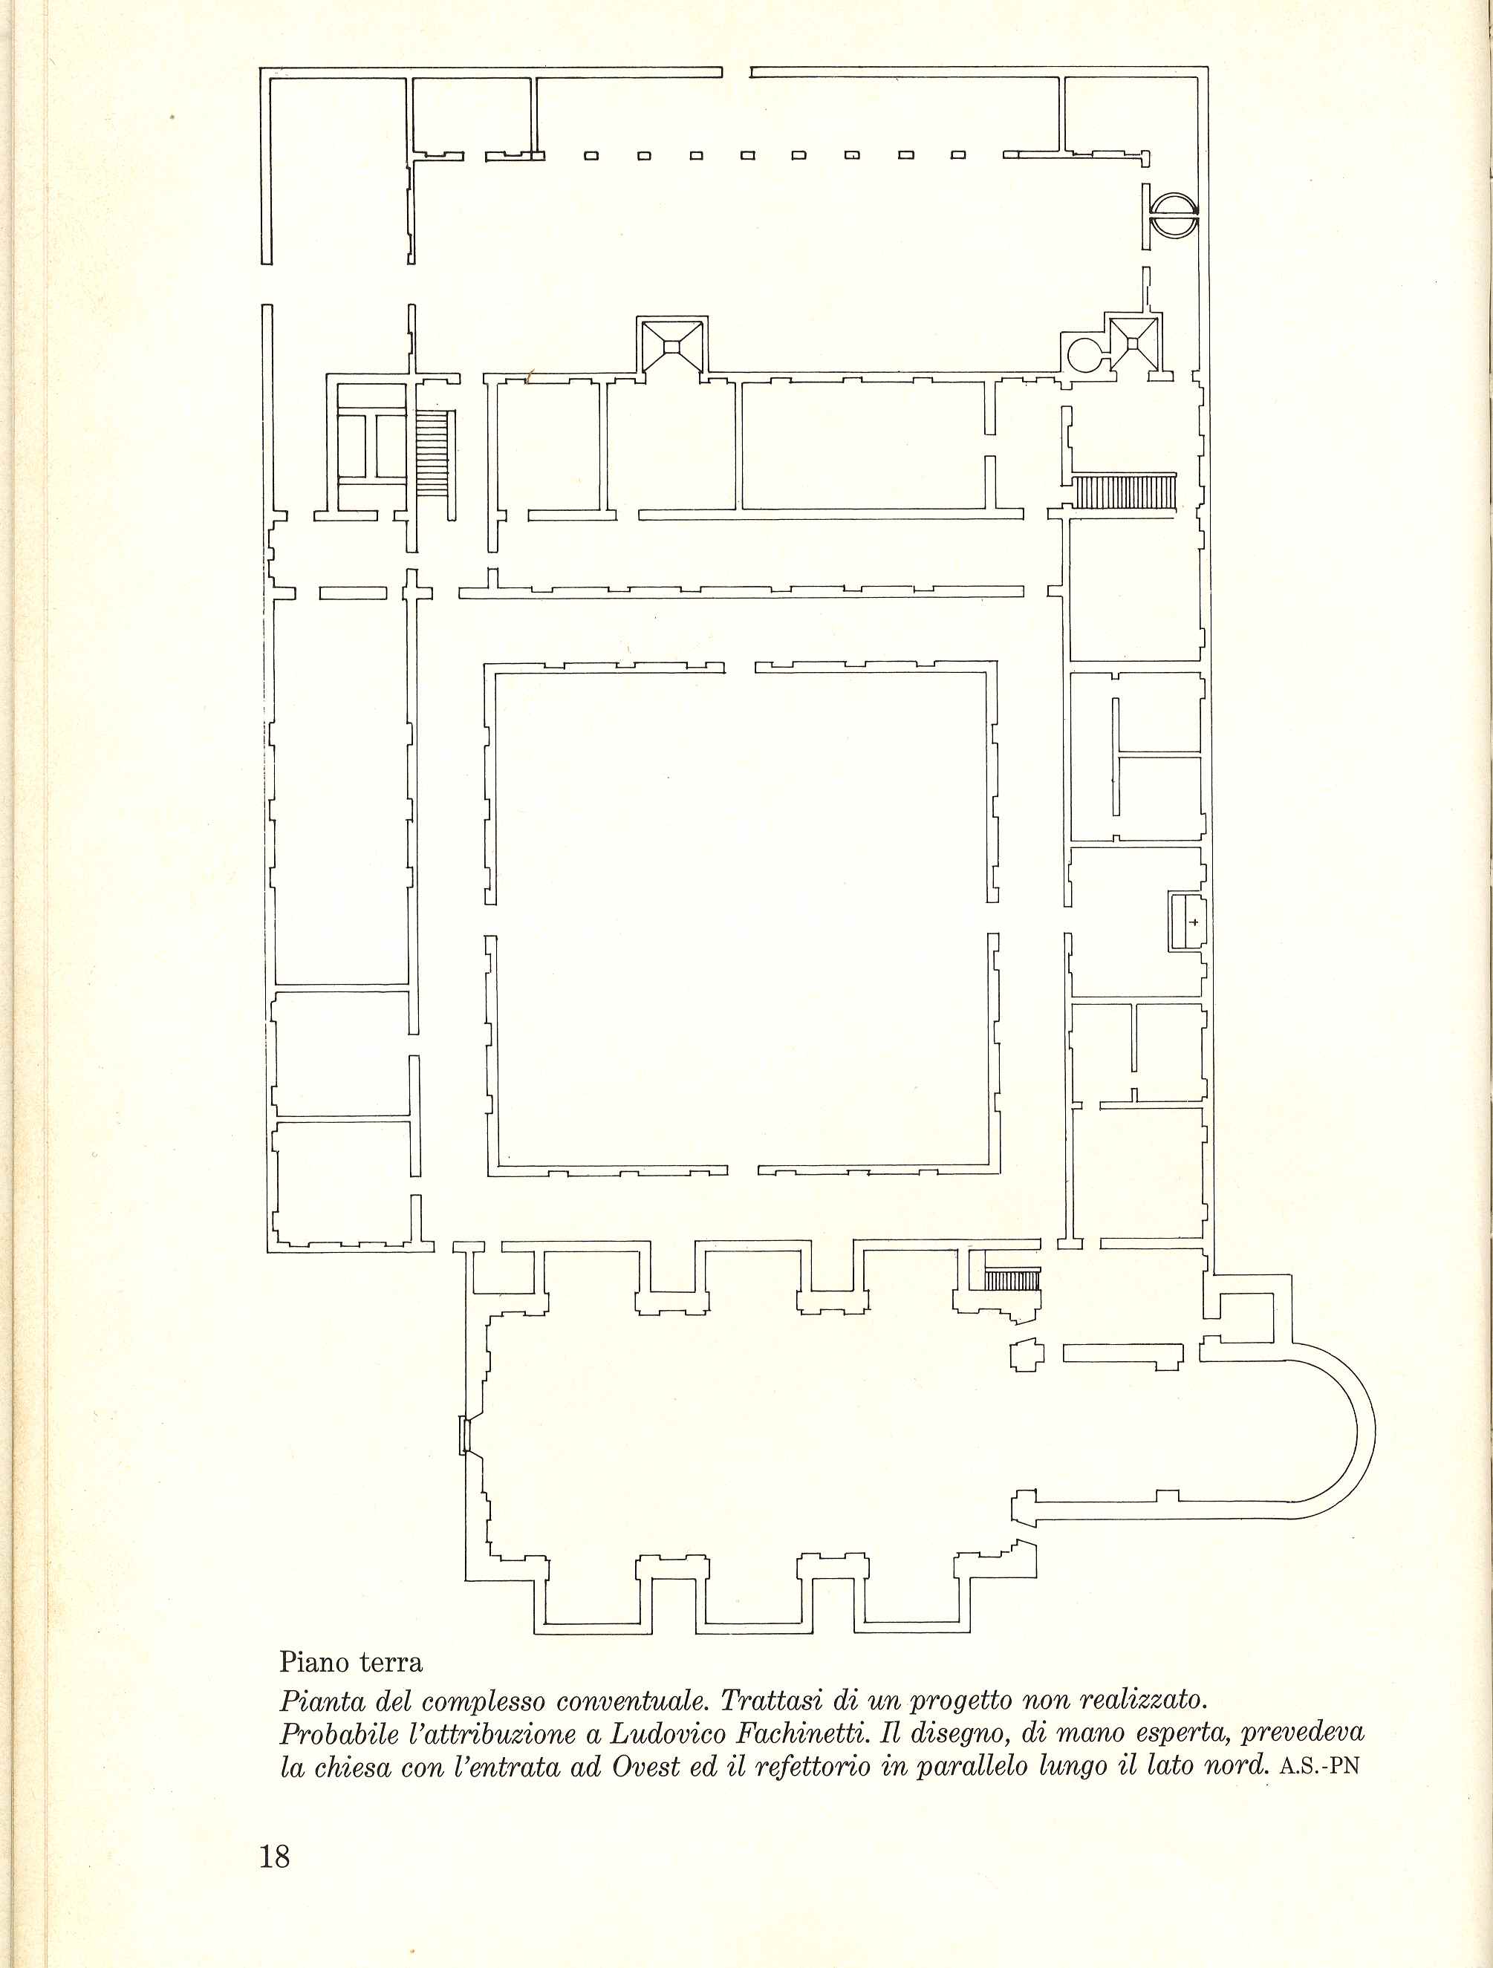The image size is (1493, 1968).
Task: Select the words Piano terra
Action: [351, 1661]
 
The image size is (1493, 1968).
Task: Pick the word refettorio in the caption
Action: [813, 1766]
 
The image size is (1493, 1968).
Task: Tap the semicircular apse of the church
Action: [1331, 1430]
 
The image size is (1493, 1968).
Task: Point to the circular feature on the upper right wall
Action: [1174, 216]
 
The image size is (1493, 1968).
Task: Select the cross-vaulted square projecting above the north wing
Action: [671, 345]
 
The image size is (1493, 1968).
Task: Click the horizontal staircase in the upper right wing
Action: [1124, 492]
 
